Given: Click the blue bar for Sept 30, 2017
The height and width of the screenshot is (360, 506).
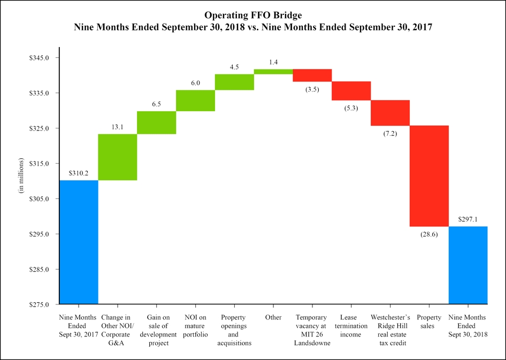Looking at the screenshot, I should [x=79, y=242].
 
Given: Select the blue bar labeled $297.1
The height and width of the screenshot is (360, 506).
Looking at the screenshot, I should [x=467, y=265].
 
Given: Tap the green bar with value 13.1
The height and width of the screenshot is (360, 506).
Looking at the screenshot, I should [x=118, y=157].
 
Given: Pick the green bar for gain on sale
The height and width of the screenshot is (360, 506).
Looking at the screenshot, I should [x=157, y=122].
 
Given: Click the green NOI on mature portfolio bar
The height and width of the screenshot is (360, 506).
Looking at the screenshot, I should [x=195, y=101].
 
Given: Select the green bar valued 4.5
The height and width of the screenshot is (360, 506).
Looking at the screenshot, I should [x=234, y=82].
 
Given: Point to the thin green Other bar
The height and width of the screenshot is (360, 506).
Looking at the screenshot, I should [x=273, y=72].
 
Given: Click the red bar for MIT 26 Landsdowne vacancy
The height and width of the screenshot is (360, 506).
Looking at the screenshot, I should [x=312, y=75].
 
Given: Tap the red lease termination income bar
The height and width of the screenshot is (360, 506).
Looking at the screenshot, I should [x=351, y=91].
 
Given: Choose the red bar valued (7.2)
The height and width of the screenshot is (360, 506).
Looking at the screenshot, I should [x=390, y=113].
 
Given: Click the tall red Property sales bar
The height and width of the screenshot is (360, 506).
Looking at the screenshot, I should [x=429, y=176].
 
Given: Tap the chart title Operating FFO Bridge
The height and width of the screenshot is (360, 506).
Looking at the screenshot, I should [x=252, y=15].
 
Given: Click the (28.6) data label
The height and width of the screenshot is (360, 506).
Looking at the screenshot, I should [x=429, y=234].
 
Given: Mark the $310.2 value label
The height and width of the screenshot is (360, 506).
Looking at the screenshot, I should [x=79, y=173].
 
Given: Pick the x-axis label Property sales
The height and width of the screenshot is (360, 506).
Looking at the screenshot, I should [x=429, y=321].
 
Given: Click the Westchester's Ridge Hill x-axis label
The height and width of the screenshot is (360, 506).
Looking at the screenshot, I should [x=390, y=330].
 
